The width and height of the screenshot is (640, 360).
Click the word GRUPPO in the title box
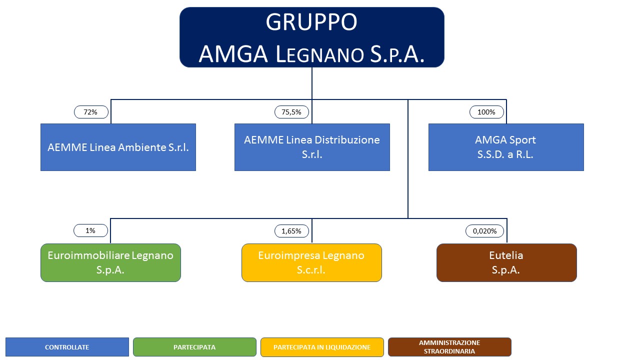[x=311, y=22]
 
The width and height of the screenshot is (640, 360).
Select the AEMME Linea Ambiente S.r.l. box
[x=118, y=147]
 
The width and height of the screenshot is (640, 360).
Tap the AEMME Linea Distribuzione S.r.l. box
[x=312, y=147]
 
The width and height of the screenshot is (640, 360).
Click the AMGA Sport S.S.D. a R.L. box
[x=506, y=147]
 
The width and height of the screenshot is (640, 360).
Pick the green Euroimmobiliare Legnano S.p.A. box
[x=110, y=262]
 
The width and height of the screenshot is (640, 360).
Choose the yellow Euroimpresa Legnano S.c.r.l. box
[x=311, y=262]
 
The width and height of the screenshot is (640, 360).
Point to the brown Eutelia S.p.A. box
[x=506, y=262]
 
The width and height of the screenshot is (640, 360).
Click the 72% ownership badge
[x=91, y=112]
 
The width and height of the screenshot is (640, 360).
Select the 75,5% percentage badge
[x=291, y=112]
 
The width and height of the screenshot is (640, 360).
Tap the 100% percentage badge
[x=486, y=112]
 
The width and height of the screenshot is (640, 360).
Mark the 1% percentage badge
[x=90, y=230]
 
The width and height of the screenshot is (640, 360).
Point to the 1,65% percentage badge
[x=291, y=231]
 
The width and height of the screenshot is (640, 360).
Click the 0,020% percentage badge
[x=484, y=231]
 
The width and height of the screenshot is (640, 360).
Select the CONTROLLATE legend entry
[x=67, y=347]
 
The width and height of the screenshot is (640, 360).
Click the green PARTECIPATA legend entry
[x=194, y=347]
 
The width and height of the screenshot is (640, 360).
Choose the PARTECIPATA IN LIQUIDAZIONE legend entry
[x=322, y=347]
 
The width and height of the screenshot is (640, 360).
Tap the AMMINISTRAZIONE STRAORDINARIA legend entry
[x=449, y=347]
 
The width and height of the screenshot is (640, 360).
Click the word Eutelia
[x=506, y=255]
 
